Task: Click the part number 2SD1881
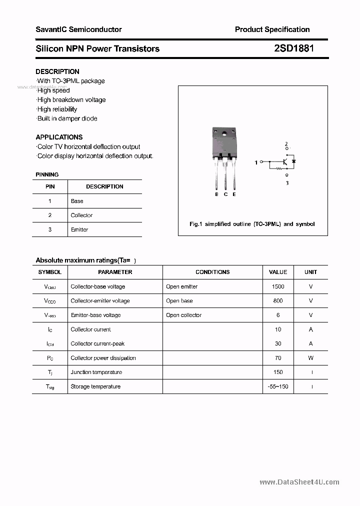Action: point(294,48)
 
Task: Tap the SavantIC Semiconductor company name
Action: point(78,29)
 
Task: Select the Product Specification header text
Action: point(272,29)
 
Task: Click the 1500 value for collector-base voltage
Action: point(278,286)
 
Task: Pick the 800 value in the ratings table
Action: point(278,301)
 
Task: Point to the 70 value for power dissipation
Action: point(278,358)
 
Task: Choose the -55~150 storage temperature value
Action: point(278,386)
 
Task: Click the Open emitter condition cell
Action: point(181,286)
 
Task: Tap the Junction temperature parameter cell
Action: point(96,372)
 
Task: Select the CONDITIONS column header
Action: point(212,272)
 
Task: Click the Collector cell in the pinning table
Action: point(81,215)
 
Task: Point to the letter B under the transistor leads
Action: point(216,194)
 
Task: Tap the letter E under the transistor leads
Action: point(234,194)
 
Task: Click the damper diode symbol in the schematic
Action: point(294,161)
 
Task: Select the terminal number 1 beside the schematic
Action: point(256,162)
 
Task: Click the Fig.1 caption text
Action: point(252,224)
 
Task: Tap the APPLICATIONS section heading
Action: point(59,137)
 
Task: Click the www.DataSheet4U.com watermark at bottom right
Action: point(299,482)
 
